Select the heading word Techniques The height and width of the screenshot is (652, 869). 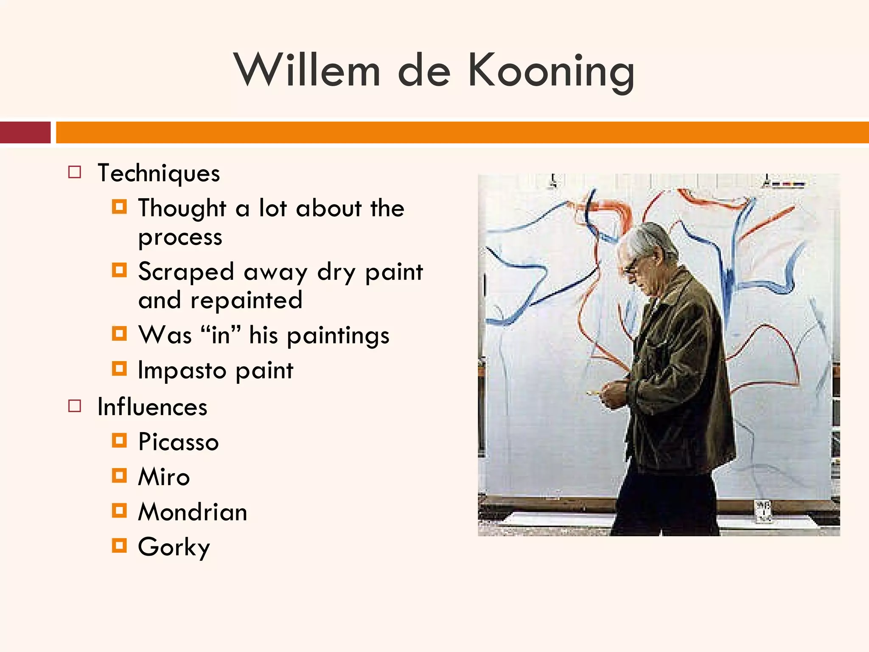point(159,173)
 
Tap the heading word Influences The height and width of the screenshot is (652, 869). point(152,407)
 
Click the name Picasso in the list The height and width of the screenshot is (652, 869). point(178,442)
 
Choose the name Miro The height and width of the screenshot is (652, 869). point(164,477)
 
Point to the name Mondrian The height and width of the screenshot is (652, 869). point(193,512)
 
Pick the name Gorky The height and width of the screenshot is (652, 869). point(174,547)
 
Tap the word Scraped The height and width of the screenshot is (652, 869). point(186,272)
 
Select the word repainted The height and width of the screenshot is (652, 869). point(246,301)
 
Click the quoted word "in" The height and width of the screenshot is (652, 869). point(221,335)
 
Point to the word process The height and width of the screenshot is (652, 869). point(180,237)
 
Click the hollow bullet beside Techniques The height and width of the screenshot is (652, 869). point(75,172)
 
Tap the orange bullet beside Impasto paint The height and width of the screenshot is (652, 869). point(119,368)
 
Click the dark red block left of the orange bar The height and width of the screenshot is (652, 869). point(25,132)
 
